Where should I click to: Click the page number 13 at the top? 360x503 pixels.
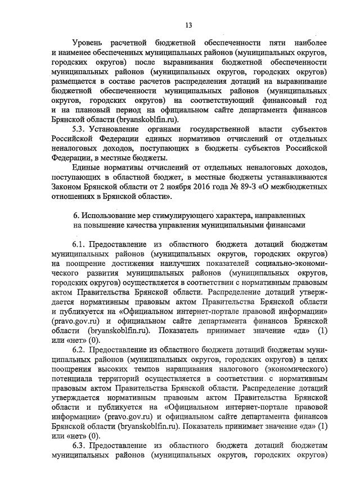tap(188, 25)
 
